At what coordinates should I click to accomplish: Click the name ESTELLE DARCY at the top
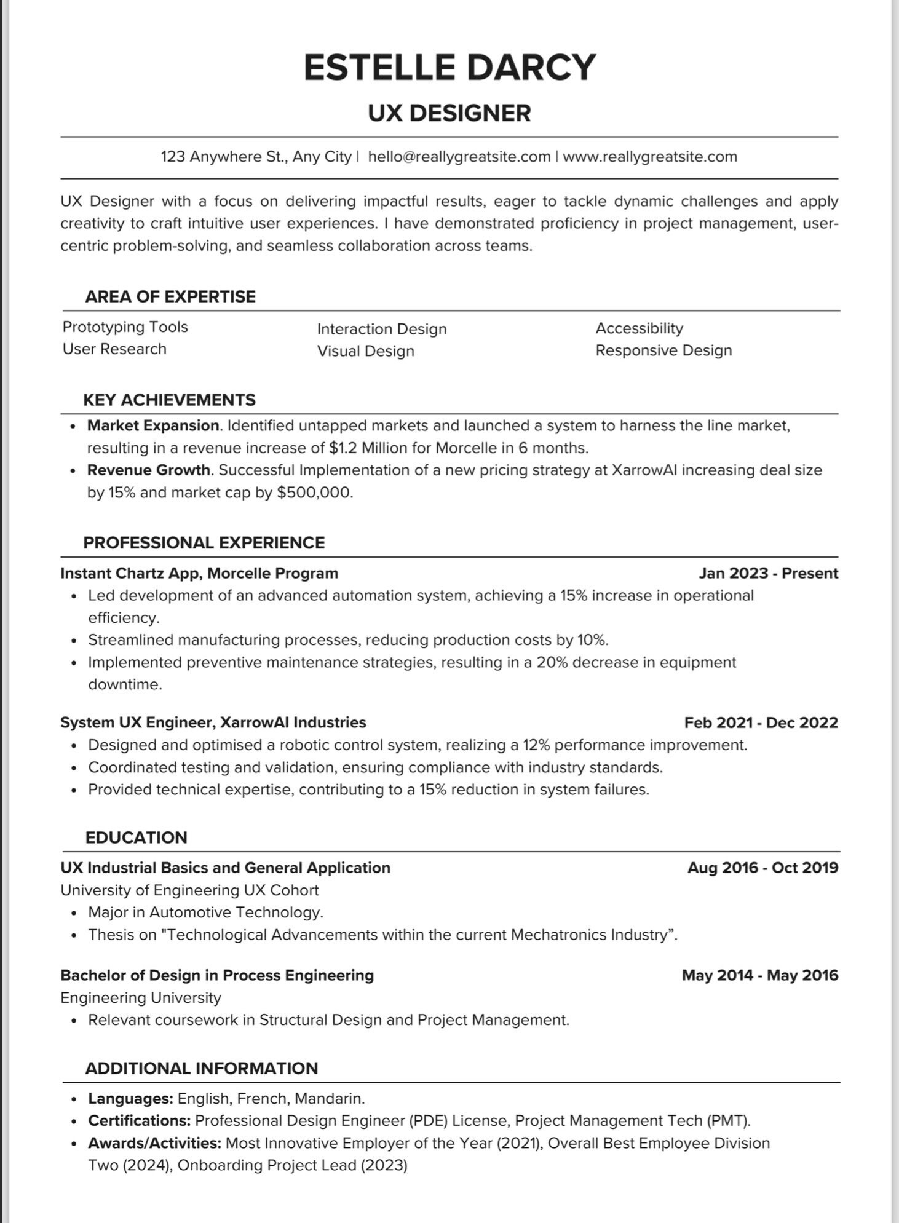450,68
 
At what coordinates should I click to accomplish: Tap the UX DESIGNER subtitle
450,113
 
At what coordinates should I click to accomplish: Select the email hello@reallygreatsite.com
459,157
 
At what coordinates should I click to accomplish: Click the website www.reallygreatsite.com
650,157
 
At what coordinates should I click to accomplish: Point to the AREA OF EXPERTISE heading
170,297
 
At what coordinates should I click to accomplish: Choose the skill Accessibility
639,328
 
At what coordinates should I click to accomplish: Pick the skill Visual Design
365,351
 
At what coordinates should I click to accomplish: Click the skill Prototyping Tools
125,327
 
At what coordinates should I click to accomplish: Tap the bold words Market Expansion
153,425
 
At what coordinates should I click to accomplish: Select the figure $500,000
314,493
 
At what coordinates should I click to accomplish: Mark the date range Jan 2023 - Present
768,573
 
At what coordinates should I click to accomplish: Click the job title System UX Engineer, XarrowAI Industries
213,722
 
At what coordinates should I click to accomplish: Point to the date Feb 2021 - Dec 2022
761,722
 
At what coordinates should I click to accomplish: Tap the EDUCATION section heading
136,837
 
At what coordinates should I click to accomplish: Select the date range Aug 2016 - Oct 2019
762,868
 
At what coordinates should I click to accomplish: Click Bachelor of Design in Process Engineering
217,975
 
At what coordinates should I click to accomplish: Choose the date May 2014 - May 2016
759,975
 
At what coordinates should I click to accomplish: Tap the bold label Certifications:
139,1121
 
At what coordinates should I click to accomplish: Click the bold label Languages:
130,1099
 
